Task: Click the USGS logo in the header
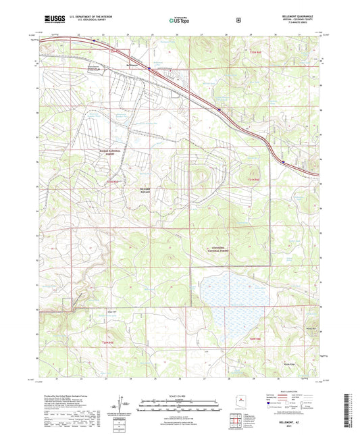coord(52,21)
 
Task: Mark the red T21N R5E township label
coord(112,182)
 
